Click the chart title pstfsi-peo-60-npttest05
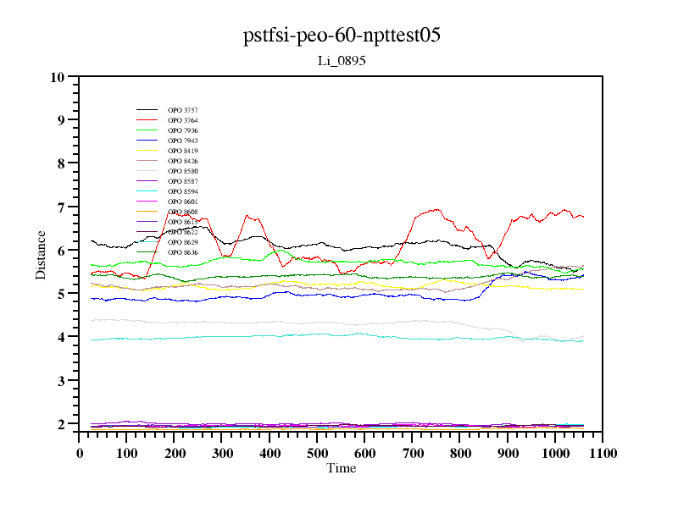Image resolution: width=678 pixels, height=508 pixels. pos(342,36)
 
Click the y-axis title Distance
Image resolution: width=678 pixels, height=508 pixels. pos(41,253)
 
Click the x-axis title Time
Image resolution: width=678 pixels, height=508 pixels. pos(342,468)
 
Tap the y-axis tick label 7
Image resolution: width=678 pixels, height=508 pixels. pos(61,207)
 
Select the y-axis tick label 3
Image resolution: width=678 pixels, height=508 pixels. pos(61,381)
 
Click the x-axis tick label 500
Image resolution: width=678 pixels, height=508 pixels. pos(317,454)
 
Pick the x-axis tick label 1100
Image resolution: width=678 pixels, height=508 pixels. pos(603,454)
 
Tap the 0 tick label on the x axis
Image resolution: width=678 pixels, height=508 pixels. pos(80,454)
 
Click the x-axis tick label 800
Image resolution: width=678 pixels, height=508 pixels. pos(460,454)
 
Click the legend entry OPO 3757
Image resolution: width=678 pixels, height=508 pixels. pos(183,110)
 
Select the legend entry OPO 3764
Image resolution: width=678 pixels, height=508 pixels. pos(183,120)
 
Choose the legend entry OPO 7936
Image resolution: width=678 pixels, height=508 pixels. pos(183,130)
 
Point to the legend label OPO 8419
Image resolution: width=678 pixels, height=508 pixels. pos(183,151)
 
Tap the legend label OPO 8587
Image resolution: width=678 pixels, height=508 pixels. pos(183,181)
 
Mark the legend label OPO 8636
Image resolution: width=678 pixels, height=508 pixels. pos(183,252)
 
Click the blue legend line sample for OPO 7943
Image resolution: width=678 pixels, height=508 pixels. pos(147,141)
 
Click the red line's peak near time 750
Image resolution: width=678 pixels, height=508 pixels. pos(437,209)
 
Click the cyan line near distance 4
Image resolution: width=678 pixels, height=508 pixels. pos(339,335)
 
